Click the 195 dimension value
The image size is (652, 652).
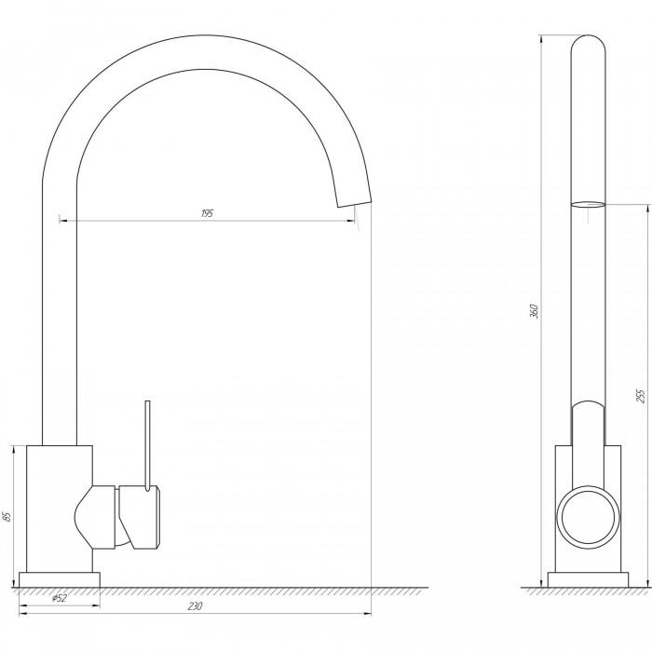207,213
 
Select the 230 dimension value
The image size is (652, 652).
195,605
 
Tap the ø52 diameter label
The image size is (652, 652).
59,598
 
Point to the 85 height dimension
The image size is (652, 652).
7,516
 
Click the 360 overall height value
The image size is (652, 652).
534,311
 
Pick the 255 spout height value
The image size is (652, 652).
641,396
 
